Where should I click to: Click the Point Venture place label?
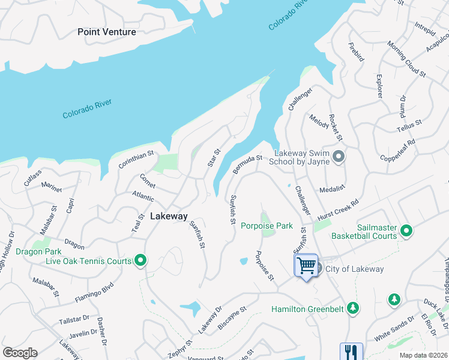pyautogui.click(x=107, y=32)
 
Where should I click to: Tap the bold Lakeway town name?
pyautogui.click(x=169, y=216)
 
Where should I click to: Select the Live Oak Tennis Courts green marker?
pyautogui.click(x=140, y=260)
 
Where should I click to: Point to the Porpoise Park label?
pyautogui.click(x=267, y=226)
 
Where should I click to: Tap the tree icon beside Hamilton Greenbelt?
pyautogui.click(x=354, y=308)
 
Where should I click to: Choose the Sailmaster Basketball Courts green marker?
pyautogui.click(x=406, y=230)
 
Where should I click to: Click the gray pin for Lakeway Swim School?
pyautogui.click(x=339, y=157)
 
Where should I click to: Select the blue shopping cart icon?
pyautogui.click(x=306, y=265)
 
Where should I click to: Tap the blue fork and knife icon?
pyautogui.click(x=351, y=352)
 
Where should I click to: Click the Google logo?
pyautogui.click(x=20, y=353)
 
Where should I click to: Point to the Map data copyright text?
pyautogui.click(x=423, y=355)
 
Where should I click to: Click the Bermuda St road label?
pyautogui.click(x=247, y=164)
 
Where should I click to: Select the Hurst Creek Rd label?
pyautogui.click(x=337, y=211)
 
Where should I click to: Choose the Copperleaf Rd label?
pyautogui.click(x=398, y=151)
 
